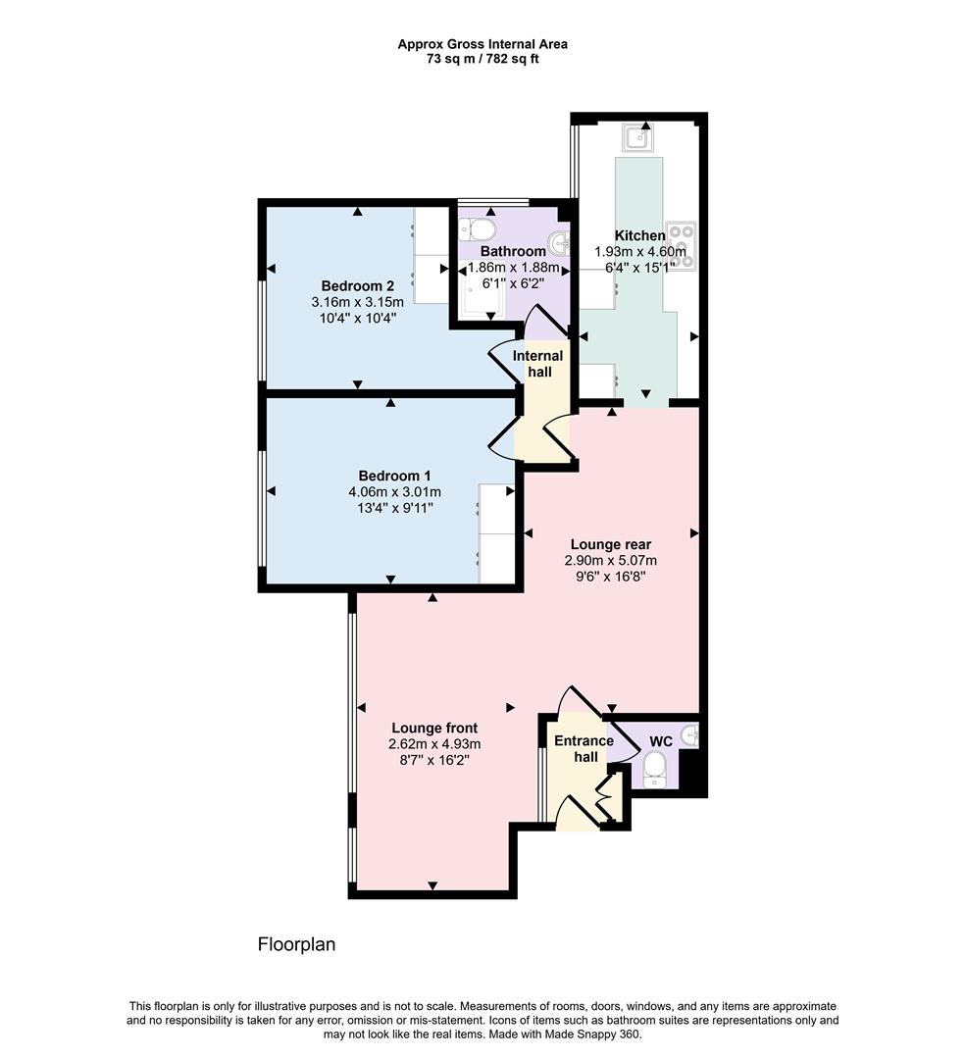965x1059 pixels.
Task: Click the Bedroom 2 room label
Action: click(355, 286)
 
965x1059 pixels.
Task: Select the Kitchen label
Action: click(639, 235)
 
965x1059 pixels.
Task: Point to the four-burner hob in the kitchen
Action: click(681, 246)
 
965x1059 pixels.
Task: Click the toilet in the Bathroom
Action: click(478, 229)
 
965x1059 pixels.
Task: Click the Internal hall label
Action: click(537, 364)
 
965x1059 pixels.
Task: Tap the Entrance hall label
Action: click(584, 749)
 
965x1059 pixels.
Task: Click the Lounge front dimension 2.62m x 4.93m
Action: click(433, 744)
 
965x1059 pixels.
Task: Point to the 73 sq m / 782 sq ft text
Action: click(482, 59)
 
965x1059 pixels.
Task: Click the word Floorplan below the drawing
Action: click(296, 945)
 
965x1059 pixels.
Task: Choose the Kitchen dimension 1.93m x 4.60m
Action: click(640, 251)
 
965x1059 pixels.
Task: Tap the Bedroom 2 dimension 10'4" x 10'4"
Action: click(356, 318)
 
